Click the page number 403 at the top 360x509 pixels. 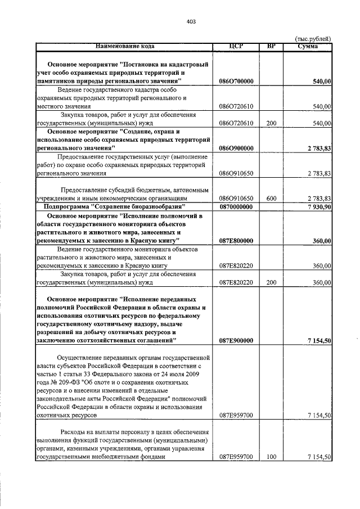pos(191,21)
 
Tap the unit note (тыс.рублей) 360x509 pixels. pos(313,38)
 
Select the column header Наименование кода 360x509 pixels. pos(124,46)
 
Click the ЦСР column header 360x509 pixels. pos(236,46)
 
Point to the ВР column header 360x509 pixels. pos(272,46)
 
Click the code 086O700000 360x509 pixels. pos(236,82)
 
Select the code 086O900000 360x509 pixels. pos(236,148)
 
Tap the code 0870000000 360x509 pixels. pos(236,207)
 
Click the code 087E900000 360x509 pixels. pos(236,340)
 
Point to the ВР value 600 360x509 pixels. pos(272,199)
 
